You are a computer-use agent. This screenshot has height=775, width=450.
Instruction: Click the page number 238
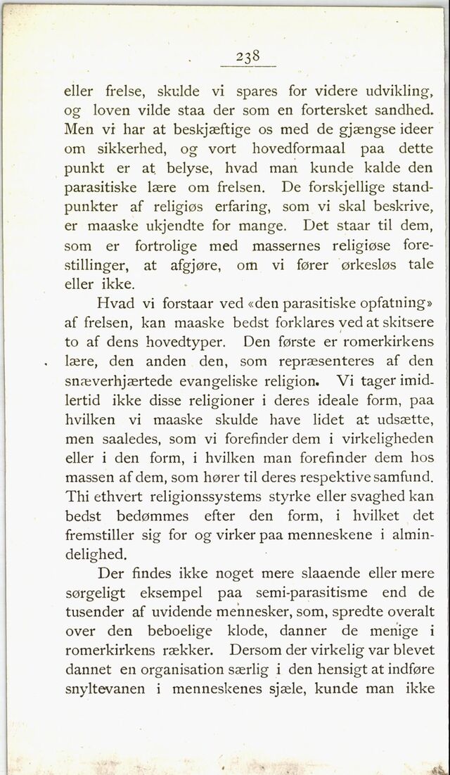pos(249,56)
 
